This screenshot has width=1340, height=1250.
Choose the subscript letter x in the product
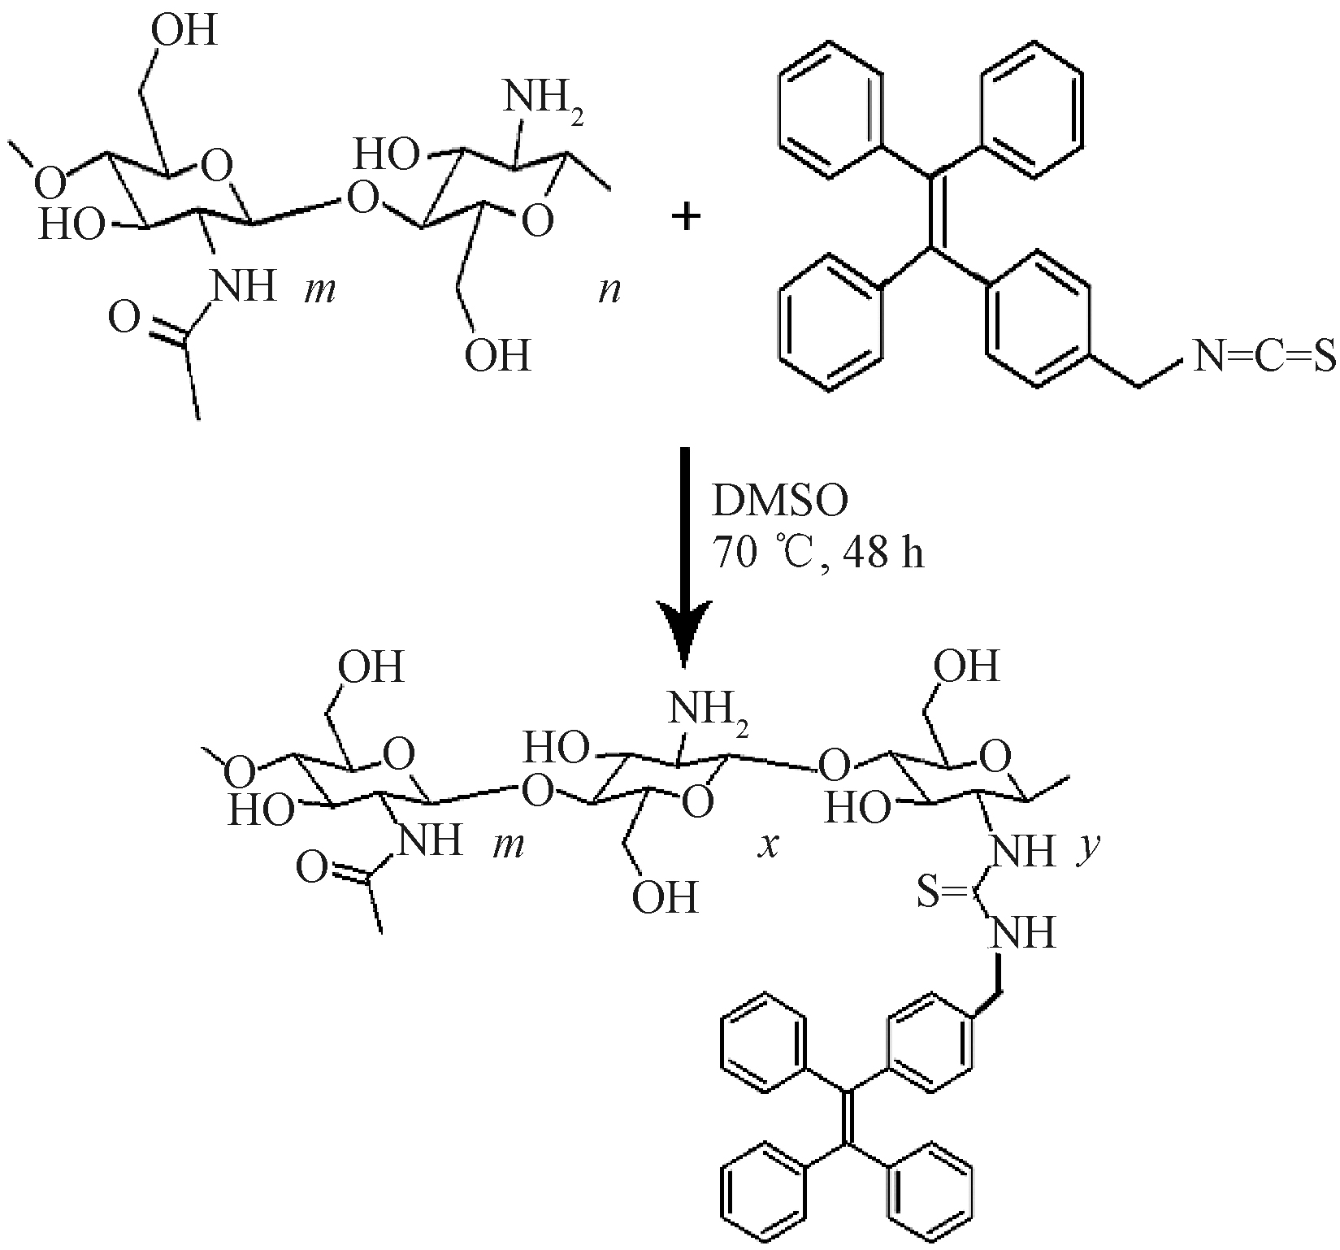(768, 846)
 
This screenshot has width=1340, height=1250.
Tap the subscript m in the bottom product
(508, 846)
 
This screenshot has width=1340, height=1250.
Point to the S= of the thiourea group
(941, 892)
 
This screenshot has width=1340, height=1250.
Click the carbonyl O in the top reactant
(124, 319)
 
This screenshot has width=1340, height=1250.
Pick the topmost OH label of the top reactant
(185, 33)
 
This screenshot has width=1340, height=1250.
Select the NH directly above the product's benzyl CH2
(1021, 933)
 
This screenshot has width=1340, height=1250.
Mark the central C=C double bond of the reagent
(932, 210)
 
